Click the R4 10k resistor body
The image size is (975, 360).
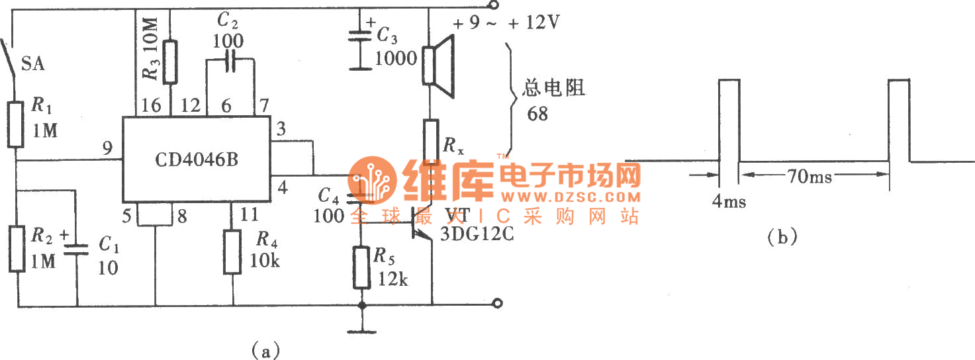(232, 251)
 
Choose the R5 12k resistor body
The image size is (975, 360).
(361, 267)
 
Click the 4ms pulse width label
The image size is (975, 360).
(729, 201)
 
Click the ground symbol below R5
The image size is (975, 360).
(361, 331)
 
